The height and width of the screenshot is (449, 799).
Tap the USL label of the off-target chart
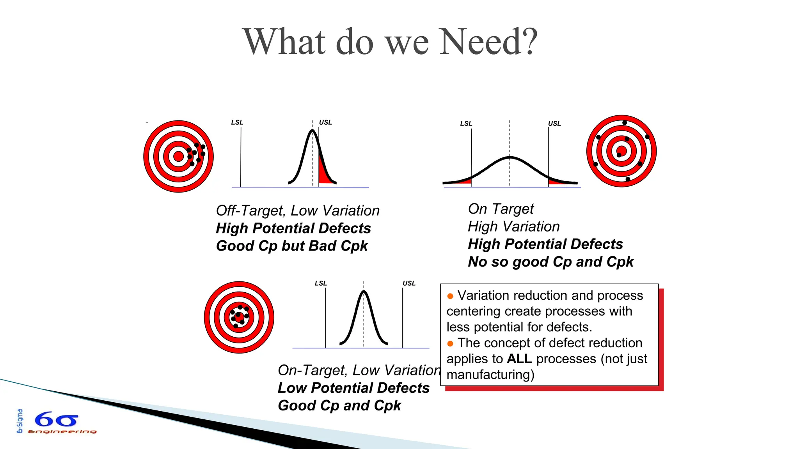click(x=325, y=122)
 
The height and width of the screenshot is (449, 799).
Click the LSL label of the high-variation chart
click(x=466, y=124)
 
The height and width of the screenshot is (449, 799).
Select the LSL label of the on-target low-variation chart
click(x=321, y=283)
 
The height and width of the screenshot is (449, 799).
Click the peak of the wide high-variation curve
click(x=510, y=157)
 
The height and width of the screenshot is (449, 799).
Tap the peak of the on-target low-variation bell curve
click(x=363, y=292)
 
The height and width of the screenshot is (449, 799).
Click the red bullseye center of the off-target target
click(x=178, y=156)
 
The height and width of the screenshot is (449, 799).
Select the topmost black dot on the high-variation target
click(x=625, y=123)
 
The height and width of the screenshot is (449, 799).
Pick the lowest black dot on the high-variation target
click(x=628, y=179)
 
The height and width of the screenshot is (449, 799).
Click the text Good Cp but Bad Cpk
click(x=291, y=246)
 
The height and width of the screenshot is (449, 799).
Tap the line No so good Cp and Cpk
click(x=550, y=262)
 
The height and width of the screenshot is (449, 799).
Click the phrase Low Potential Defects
click(x=353, y=388)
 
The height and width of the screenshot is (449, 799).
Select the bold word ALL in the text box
click(x=519, y=359)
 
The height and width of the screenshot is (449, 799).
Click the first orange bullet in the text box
click(x=450, y=296)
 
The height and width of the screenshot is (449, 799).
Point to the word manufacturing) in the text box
click(x=490, y=375)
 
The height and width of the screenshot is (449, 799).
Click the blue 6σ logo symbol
click(x=56, y=420)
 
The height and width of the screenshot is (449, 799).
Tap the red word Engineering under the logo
click(x=62, y=431)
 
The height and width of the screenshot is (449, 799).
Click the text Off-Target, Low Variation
click(x=298, y=211)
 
